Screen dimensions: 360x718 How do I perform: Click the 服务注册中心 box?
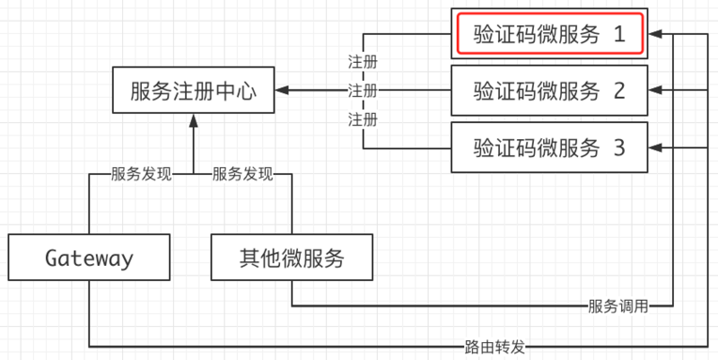[193, 91]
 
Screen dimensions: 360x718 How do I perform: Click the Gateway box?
[89, 259]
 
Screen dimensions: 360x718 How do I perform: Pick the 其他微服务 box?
[291, 259]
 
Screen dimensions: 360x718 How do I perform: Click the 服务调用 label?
[618, 306]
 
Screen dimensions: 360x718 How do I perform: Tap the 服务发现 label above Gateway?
[141, 174]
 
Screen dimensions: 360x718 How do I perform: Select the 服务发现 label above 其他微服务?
[242, 174]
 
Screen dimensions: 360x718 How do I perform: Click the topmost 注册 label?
[363, 62]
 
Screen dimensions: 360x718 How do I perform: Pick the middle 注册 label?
[363, 91]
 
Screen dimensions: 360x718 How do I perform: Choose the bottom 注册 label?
[363, 119]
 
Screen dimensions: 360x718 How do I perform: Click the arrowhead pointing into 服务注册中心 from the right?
[283, 91]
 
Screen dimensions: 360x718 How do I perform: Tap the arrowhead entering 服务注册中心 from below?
[193, 119]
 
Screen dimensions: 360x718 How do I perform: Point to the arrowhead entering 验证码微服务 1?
[657, 35]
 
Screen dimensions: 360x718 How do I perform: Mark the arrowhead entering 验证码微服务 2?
[657, 91]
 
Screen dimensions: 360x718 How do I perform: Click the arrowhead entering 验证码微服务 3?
[657, 146]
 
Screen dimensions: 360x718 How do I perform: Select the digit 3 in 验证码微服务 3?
[617, 146]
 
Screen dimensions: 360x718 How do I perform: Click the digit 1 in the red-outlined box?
[617, 35]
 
